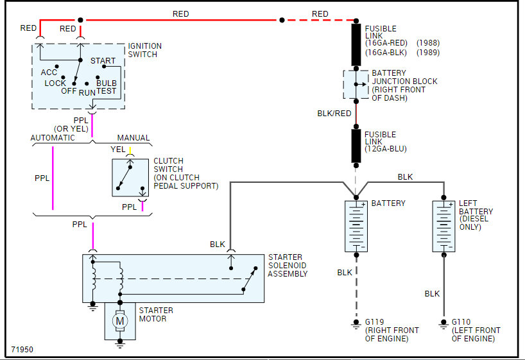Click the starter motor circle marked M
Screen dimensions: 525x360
tap(120, 321)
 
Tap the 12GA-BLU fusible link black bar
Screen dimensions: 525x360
tap(356, 146)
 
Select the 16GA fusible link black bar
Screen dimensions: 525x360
tap(356, 44)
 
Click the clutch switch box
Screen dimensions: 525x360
tap(130, 178)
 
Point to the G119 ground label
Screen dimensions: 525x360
tap(374, 322)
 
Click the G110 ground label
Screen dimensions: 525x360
tap(461, 322)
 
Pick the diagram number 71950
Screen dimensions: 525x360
tap(22, 350)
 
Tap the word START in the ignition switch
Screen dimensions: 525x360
tap(103, 60)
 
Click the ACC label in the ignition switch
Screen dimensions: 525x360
tap(49, 73)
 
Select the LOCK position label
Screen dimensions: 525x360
tap(55, 83)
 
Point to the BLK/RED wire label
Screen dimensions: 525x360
tap(334, 114)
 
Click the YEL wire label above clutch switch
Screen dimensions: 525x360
tap(118, 150)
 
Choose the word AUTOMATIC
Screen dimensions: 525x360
tap(53, 137)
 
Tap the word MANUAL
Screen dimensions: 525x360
tap(133, 137)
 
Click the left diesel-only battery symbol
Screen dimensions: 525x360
tap(443, 227)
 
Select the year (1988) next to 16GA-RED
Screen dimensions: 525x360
tap(428, 43)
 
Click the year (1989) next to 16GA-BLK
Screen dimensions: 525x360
tap(428, 53)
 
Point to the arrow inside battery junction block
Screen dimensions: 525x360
tap(361, 85)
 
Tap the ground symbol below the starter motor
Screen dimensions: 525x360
tap(120, 343)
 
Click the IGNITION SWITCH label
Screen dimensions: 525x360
tap(144, 50)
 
